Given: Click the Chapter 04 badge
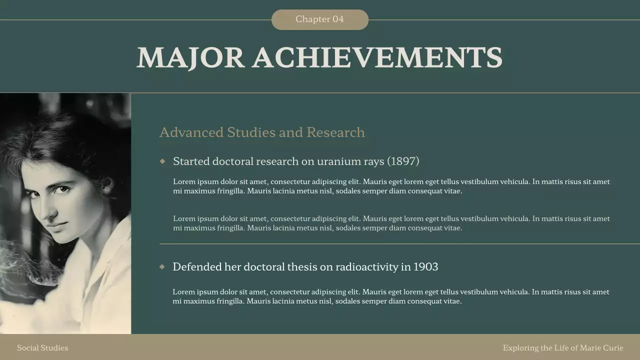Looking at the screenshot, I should (x=319, y=19).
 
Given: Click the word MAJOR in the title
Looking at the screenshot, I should (x=190, y=57).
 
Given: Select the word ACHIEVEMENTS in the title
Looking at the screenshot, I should (x=377, y=57).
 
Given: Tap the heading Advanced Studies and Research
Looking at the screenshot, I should (x=262, y=132).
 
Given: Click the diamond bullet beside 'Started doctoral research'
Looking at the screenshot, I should (x=162, y=161).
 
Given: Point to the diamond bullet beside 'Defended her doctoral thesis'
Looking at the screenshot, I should (x=162, y=266).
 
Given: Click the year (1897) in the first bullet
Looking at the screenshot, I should (x=403, y=161).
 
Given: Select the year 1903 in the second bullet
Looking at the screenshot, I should (x=425, y=267).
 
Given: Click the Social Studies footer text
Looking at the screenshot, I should (x=42, y=348).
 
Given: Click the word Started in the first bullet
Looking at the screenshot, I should (x=191, y=161).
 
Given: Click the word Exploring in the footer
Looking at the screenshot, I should (x=520, y=348).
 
